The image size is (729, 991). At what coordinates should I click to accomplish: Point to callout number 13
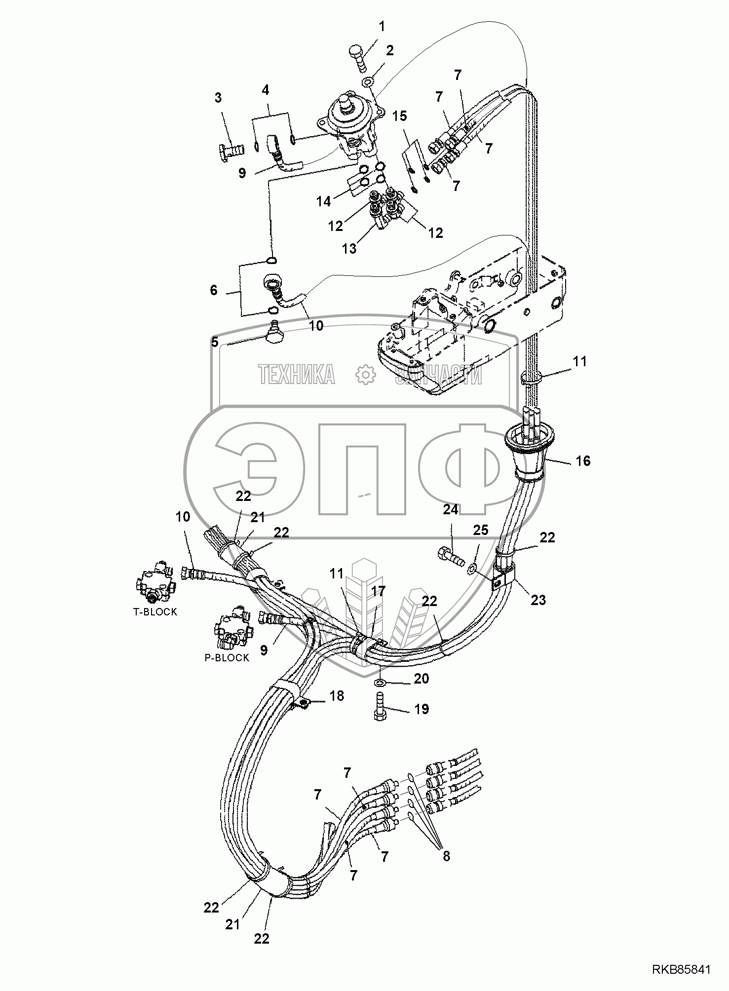click(x=349, y=248)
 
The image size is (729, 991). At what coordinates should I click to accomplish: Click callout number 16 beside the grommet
click(x=583, y=460)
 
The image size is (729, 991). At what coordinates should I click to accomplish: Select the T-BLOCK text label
click(x=155, y=612)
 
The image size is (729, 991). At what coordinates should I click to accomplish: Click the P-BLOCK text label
click(x=227, y=658)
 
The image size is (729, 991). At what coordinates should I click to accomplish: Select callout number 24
click(x=451, y=509)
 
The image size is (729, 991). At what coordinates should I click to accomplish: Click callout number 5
click(x=215, y=342)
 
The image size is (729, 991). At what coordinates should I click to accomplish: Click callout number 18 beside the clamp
click(x=337, y=696)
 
